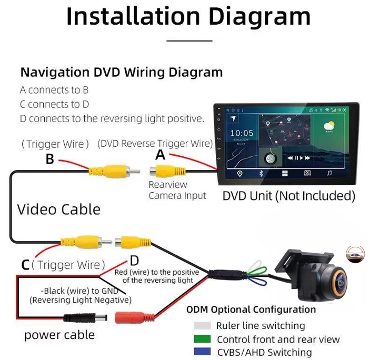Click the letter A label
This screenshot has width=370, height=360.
click(161, 155)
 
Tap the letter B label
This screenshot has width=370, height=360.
click(49, 158)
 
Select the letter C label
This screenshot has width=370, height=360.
click(25, 265)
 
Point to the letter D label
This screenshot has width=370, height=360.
click(134, 261)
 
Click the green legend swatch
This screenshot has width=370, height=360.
click(202, 339)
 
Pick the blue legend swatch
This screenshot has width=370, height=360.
click(202, 352)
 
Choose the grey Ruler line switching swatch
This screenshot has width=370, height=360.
click(202, 326)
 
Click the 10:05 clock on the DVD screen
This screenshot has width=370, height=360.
click(242, 133)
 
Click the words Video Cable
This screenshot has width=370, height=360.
click(58, 209)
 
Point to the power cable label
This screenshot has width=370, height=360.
click(59, 335)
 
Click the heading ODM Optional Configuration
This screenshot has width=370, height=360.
click(251, 309)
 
